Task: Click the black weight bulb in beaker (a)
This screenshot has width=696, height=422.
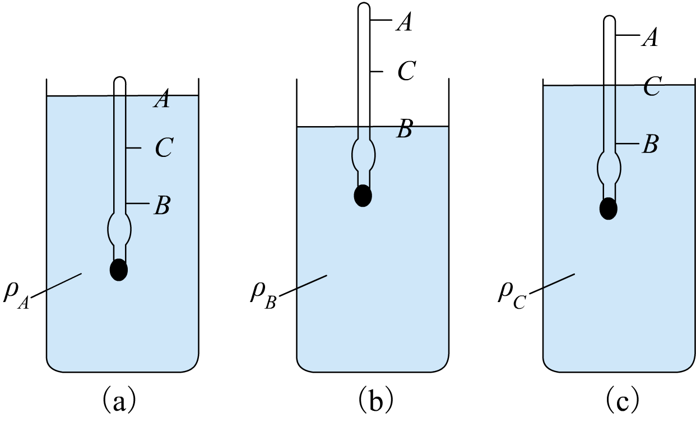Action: point(119,270)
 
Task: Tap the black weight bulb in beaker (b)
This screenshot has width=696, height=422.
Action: point(363,196)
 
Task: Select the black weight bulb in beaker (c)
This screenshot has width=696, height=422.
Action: point(609,208)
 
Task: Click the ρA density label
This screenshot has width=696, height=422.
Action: point(16,298)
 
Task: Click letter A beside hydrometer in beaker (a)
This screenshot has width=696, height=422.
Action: point(161,99)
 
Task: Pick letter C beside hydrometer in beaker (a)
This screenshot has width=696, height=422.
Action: point(164,148)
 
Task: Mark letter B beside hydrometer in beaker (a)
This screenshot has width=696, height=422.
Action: point(162,206)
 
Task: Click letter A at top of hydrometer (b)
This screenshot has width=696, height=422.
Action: point(404,22)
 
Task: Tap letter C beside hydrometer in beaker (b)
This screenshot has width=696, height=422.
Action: point(407,71)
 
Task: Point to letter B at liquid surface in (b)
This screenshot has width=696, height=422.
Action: point(405,128)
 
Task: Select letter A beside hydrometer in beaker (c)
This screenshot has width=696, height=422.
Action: point(649,38)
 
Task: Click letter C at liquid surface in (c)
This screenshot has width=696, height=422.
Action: point(652,86)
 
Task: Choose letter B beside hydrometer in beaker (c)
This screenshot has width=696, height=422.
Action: point(650,144)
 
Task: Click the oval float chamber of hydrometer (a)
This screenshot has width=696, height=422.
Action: point(119,229)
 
